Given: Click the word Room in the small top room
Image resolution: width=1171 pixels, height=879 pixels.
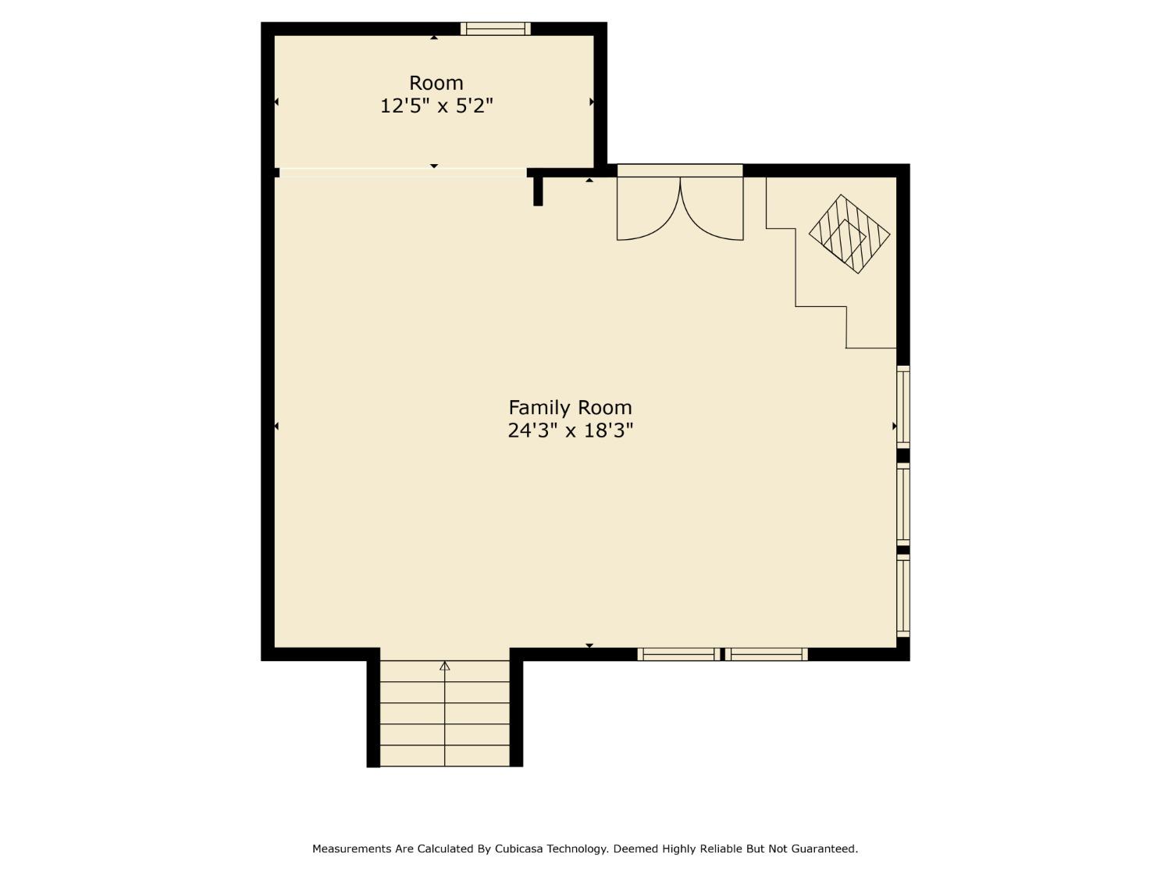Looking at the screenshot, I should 436,83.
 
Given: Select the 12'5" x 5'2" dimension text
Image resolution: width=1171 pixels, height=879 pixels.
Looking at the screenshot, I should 436,105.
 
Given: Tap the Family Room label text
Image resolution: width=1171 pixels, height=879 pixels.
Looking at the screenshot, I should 570,407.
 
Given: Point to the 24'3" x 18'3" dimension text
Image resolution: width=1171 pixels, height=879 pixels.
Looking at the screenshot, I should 570,431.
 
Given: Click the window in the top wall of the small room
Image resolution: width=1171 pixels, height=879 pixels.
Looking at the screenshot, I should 495,29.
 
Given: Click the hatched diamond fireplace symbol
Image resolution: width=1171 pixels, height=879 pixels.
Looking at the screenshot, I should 849,234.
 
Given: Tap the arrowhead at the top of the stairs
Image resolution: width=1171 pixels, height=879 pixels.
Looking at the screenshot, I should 445,666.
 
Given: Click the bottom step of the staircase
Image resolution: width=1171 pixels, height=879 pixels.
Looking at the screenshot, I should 445,756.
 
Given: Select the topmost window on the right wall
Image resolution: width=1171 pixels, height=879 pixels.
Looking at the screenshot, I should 903,406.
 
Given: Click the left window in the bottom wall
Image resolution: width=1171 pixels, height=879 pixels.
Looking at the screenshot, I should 677,655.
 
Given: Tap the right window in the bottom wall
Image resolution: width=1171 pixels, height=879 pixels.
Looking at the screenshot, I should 767,655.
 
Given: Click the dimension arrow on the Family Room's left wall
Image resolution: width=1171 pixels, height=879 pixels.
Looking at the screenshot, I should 276,426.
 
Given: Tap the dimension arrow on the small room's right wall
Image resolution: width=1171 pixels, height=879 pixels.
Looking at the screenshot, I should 592,102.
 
